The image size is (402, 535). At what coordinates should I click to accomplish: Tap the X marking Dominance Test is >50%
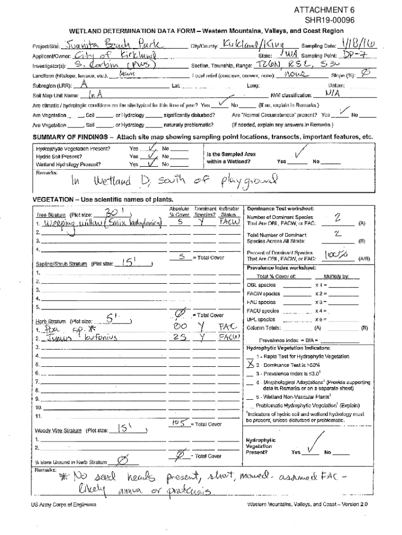click(251, 364)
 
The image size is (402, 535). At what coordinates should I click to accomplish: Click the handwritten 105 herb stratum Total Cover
click(180, 422)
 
